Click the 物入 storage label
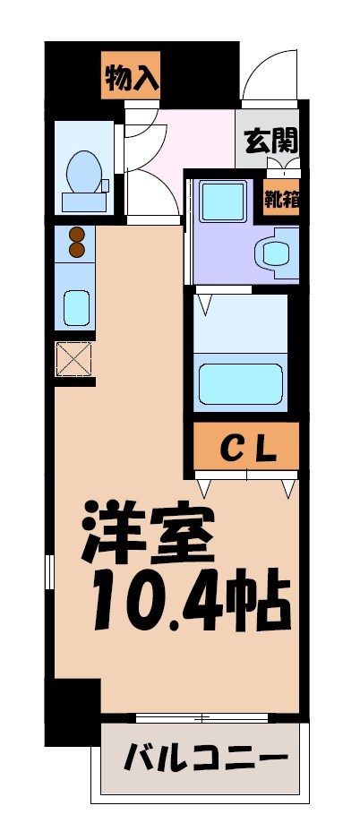point(131,79)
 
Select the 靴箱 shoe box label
point(280,197)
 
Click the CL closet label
point(247,446)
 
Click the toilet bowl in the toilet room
point(84,169)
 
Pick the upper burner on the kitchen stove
point(76,235)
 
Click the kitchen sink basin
point(75,307)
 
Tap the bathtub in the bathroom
point(240,381)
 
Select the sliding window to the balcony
point(201,717)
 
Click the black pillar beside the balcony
point(72,712)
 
